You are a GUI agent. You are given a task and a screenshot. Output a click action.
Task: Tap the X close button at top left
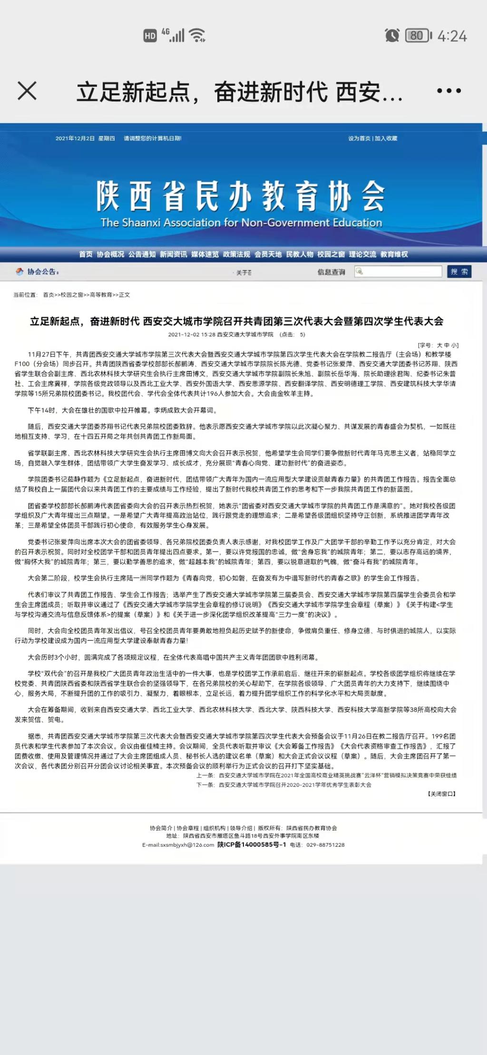[x=27, y=90]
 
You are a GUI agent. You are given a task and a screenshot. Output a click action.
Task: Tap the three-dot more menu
[x=448, y=90]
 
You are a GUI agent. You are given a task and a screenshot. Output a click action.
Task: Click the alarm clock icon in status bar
[x=392, y=35]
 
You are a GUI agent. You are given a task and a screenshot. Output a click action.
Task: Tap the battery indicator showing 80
[x=418, y=36]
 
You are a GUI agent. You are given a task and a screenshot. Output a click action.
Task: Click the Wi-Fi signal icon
[x=197, y=35]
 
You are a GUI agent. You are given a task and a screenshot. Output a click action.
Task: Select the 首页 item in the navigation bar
[x=86, y=254]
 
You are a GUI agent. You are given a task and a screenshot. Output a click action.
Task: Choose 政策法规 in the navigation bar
[x=236, y=254]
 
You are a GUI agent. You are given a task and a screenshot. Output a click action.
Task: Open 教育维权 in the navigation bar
[x=394, y=254]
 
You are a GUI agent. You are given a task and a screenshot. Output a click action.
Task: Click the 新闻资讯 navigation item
[x=173, y=254]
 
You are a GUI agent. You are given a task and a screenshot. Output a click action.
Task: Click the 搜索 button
[x=459, y=272]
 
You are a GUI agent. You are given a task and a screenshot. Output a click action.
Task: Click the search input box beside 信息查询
[x=402, y=272]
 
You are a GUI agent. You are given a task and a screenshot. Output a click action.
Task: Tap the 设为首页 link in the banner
[x=359, y=138]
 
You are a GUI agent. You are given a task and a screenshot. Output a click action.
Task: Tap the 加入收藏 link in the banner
[x=386, y=138]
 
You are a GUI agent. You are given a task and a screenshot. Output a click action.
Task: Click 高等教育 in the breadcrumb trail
[x=101, y=295]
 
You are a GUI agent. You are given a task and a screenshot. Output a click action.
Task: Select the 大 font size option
[x=439, y=345]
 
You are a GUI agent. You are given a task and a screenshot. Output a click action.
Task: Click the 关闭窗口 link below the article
[x=442, y=794]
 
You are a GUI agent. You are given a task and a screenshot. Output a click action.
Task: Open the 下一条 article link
[x=295, y=785]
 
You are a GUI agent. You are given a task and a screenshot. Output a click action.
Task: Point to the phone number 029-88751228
[x=325, y=845]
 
